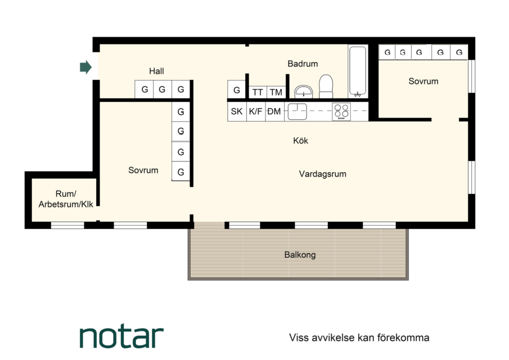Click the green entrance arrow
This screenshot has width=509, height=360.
click(x=85, y=67)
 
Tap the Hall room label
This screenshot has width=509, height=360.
click(x=156, y=71)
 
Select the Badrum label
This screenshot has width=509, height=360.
click(x=303, y=64)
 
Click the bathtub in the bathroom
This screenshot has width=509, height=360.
click(x=358, y=71)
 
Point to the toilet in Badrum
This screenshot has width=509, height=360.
click(x=326, y=87)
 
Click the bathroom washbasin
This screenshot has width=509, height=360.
click(x=304, y=92)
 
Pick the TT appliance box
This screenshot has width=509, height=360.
click(x=258, y=92)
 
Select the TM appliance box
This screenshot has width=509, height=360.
click(x=276, y=92)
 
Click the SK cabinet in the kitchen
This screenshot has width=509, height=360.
click(x=237, y=112)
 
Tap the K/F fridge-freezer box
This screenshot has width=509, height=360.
click(x=256, y=112)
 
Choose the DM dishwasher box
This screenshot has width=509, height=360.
click(x=274, y=112)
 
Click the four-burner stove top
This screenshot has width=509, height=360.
click(x=341, y=112)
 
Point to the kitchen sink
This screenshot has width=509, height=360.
click(x=298, y=112)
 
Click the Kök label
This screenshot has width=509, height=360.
click(x=300, y=141)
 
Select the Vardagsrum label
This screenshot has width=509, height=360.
click(x=323, y=174)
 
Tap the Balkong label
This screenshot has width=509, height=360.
click(x=300, y=255)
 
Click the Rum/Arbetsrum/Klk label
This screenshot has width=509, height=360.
click(x=66, y=199)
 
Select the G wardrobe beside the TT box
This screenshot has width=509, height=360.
click(x=237, y=90)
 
